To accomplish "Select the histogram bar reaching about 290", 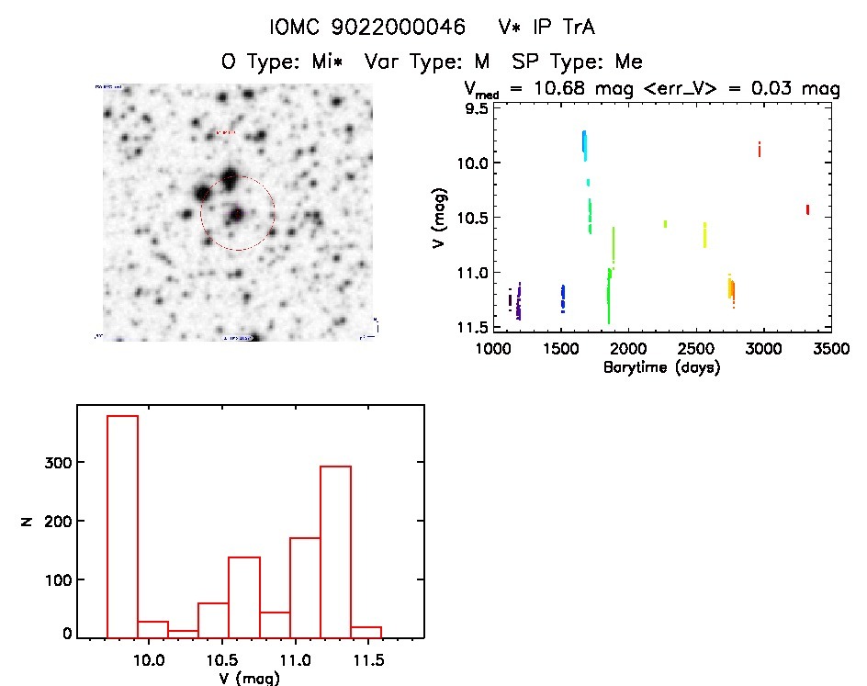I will click(335, 551).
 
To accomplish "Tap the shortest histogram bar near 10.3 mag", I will click(183, 633).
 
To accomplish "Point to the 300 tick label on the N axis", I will click(58, 462).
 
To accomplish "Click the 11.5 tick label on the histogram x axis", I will click(367, 658).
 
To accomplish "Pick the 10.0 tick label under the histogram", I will click(150, 658).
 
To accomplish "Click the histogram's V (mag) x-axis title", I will click(250, 678).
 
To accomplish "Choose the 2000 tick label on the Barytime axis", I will click(628, 349).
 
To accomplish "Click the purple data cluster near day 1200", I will click(519, 301).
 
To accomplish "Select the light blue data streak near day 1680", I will click(584, 143).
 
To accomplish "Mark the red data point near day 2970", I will click(760, 150).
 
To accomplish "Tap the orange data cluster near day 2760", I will click(731, 289).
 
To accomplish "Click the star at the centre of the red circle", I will click(237, 214).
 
